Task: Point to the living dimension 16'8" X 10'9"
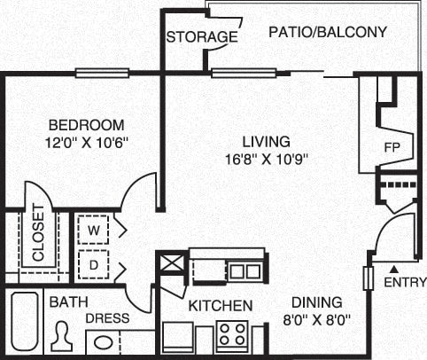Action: click(267, 160)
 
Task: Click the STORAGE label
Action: click(202, 37)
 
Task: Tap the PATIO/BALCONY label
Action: click(329, 33)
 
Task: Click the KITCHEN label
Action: click(221, 306)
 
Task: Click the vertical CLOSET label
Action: click(39, 233)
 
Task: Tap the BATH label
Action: click(66, 302)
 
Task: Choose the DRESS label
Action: click(107, 318)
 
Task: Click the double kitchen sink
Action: click(244, 270)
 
